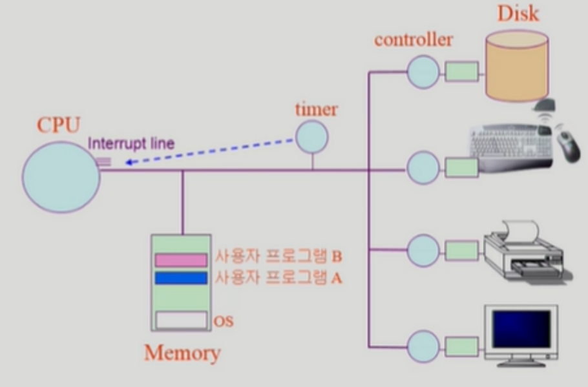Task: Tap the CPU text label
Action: (58, 125)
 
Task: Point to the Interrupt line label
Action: (131, 143)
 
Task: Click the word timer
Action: (316, 109)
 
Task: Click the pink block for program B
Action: (181, 260)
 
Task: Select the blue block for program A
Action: (181, 278)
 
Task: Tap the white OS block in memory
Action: (181, 320)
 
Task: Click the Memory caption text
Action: (182, 353)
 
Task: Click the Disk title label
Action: (518, 14)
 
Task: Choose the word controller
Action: (414, 39)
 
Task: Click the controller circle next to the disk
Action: (423, 71)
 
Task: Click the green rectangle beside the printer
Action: (462, 250)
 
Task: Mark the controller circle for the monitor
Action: (423, 346)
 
